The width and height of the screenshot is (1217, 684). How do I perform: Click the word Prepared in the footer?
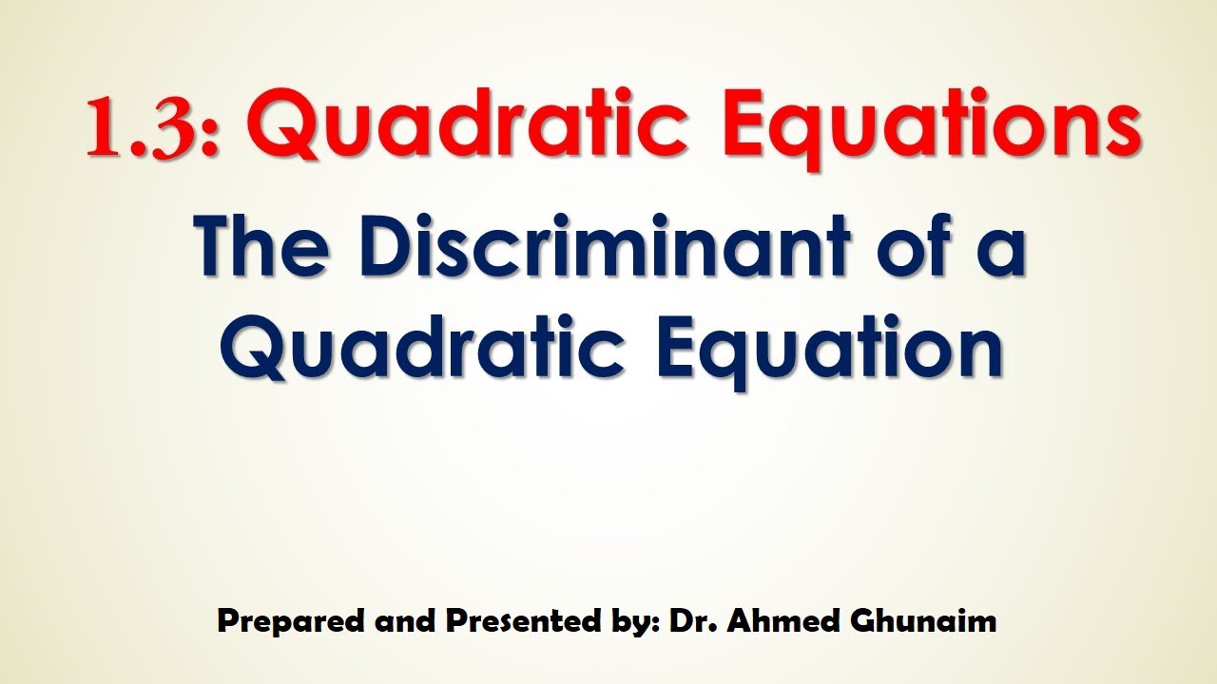(276, 622)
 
